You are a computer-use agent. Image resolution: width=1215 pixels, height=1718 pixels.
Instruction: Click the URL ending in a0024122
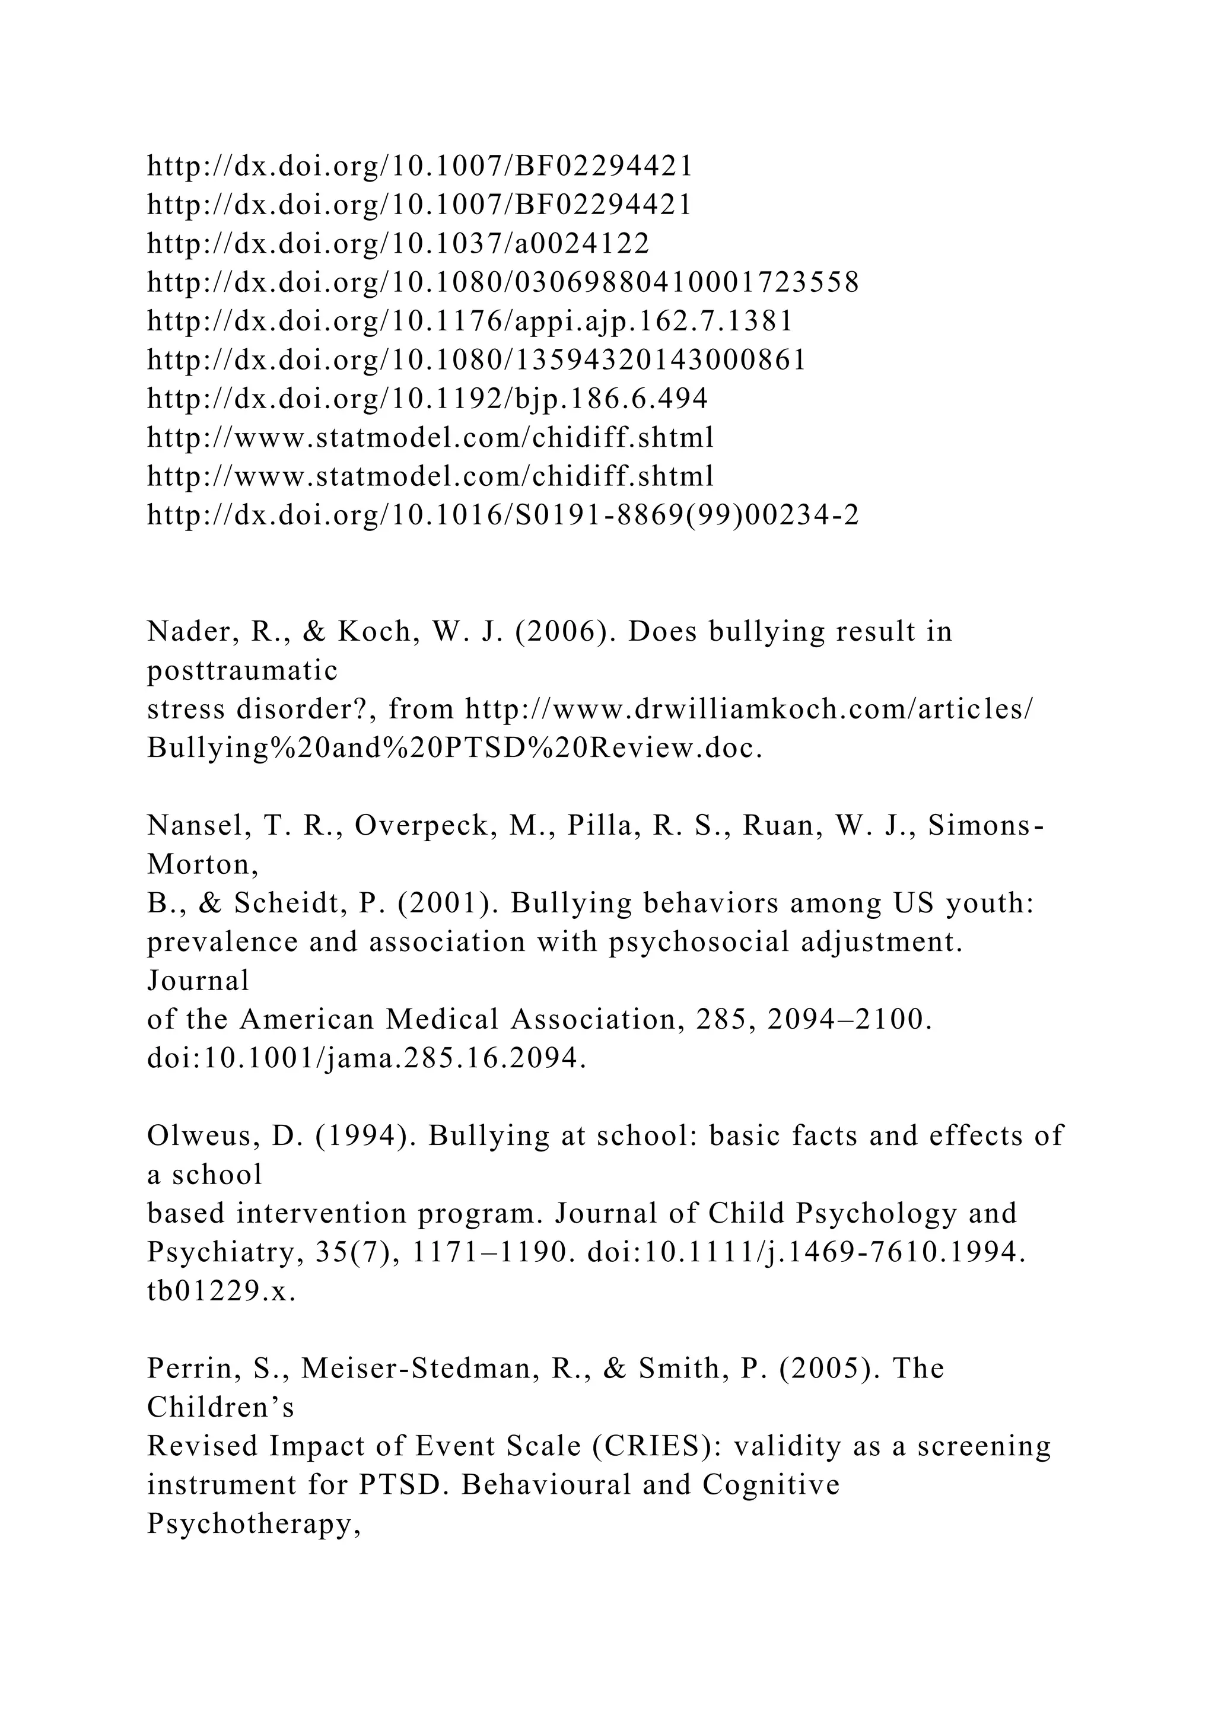point(398,243)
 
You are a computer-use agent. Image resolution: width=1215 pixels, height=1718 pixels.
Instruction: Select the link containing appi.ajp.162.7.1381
point(469,321)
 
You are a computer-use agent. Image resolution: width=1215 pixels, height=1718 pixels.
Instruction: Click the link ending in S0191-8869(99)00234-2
point(502,516)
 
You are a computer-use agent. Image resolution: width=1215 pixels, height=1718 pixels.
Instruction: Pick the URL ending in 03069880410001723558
point(502,282)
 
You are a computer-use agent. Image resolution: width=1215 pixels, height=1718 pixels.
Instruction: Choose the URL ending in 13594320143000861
point(476,360)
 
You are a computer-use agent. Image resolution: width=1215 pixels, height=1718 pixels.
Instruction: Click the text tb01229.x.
point(221,1291)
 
